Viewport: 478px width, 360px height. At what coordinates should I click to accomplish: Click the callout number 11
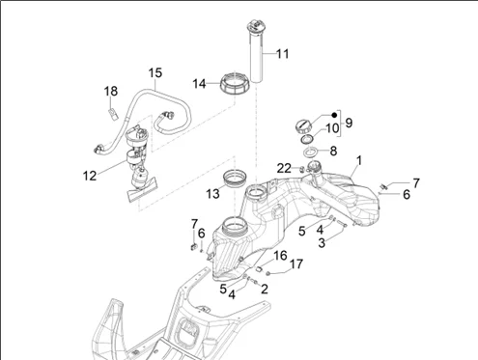pos(283,54)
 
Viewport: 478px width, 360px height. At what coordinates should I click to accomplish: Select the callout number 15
pos(155,73)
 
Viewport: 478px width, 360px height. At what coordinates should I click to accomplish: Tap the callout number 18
pos(111,92)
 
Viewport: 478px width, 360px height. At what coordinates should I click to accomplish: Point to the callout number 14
pos(199,84)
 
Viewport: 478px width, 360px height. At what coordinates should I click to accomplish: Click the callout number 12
pos(90,176)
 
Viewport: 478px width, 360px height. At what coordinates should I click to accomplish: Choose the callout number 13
pos(212,194)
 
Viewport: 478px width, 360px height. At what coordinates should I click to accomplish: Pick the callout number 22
pos(284,168)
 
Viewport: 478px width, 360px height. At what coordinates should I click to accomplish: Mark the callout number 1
pos(359,160)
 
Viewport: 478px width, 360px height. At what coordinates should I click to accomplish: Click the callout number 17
pos(296,264)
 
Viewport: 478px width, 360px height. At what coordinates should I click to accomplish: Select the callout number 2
pos(265,289)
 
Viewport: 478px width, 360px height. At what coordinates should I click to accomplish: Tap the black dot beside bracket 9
pos(334,115)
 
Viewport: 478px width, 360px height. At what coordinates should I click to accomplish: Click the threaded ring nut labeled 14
pos(235,83)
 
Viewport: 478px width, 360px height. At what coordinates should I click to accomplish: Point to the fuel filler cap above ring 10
pos(303,126)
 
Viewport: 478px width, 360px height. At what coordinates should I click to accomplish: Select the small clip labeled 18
pos(112,114)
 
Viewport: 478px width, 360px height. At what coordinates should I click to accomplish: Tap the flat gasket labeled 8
pos(311,152)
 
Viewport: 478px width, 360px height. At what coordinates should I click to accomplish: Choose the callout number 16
pos(280,256)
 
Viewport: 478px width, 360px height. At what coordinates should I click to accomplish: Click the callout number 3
pos(322,243)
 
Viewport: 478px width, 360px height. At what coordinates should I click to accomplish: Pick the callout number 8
pos(333,151)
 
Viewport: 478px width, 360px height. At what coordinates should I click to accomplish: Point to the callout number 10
pos(332,127)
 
